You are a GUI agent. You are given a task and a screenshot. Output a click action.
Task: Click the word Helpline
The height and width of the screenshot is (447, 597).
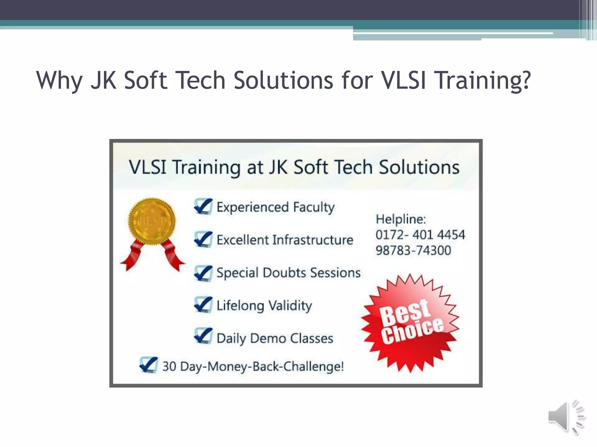tap(401, 219)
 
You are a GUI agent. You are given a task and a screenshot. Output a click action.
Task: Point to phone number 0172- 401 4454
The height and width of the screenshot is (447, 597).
tap(420, 235)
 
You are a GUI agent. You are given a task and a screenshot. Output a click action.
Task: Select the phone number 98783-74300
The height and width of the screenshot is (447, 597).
tap(413, 250)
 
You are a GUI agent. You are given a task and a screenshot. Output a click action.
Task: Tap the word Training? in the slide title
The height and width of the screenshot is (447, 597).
tap(482, 81)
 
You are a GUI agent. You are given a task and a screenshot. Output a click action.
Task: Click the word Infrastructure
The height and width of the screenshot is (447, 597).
tap(312, 240)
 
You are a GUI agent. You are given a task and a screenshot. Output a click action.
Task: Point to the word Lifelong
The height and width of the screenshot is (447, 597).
tap(240, 306)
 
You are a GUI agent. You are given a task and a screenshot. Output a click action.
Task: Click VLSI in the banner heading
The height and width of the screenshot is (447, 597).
tap(148, 167)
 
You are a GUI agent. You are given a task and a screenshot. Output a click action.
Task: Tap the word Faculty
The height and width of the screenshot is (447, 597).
tap(314, 207)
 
